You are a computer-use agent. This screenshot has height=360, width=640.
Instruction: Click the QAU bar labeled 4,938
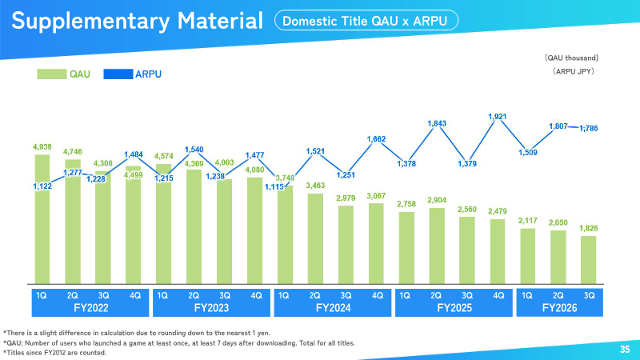tap(42, 219)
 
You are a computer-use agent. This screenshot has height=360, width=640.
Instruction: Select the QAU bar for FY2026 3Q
tap(589, 259)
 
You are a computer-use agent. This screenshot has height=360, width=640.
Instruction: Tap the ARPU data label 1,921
tap(497, 117)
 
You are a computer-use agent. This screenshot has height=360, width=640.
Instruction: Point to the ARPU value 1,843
tap(437, 123)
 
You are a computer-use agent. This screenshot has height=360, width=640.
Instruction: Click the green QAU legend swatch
tap(52, 74)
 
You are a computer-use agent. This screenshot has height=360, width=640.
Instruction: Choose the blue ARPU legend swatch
tap(118, 74)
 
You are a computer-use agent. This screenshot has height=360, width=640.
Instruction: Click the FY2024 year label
tap(333, 308)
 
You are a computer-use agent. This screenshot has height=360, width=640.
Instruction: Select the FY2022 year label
tap(91, 308)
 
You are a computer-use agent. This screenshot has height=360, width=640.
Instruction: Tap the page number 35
tap(625, 349)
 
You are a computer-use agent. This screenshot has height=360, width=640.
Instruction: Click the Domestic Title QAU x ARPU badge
tap(366, 21)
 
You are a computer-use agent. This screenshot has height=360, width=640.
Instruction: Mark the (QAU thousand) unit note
tap(571, 58)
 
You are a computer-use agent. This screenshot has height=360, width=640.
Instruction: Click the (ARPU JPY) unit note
tap(574, 71)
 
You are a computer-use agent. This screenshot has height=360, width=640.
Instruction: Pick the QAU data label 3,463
tap(315, 186)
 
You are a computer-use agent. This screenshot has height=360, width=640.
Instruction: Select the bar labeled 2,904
tap(437, 246)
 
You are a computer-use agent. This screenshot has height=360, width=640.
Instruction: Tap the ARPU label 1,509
tap(528, 153)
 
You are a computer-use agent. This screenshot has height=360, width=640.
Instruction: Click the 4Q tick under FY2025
tap(498, 295)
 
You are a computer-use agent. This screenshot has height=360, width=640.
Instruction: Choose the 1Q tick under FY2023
tap(162, 295)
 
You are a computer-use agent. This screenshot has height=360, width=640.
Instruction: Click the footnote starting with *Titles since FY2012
tap(54, 353)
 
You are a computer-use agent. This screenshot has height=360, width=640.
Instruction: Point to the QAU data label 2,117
tap(528, 221)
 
